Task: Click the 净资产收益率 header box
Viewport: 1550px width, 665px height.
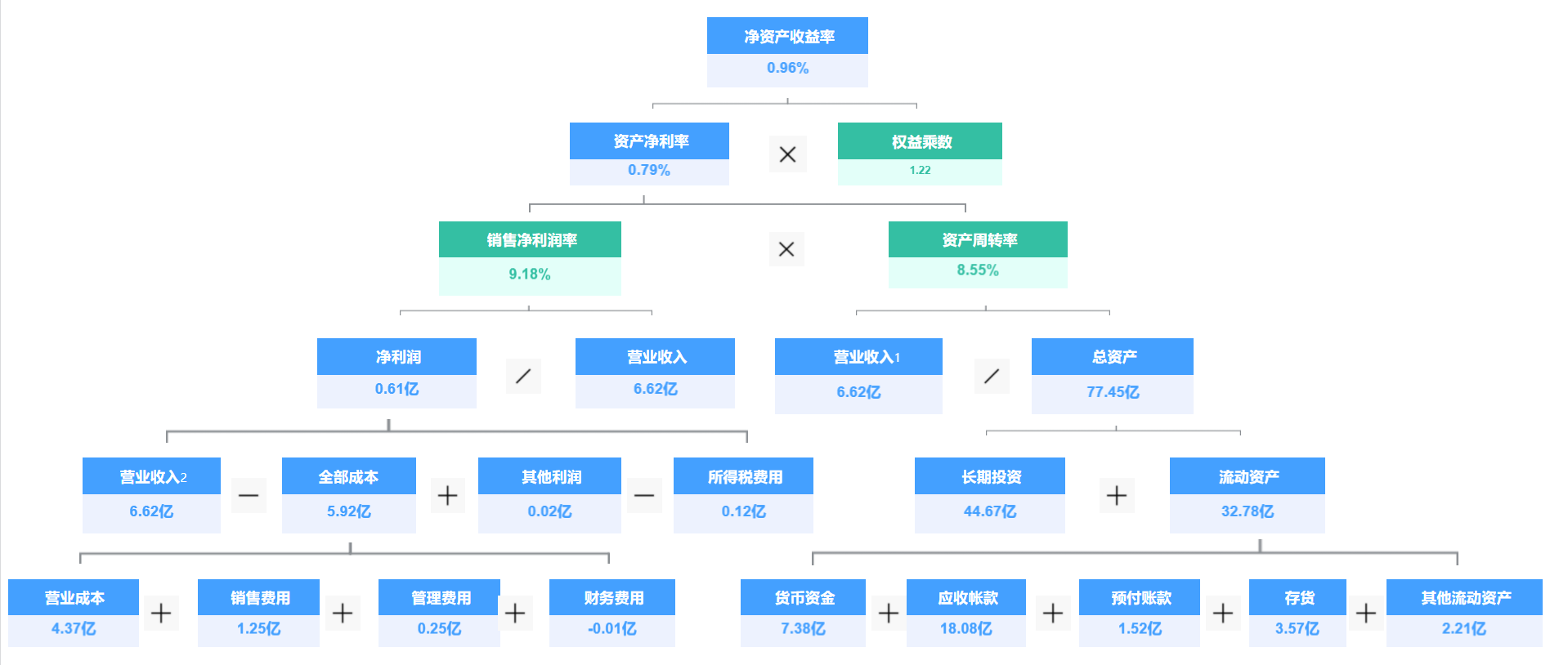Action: point(787,36)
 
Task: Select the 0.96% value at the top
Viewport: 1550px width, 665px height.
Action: point(787,69)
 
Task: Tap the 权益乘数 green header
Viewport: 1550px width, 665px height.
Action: point(920,141)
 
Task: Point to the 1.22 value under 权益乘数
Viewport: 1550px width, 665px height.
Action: point(920,171)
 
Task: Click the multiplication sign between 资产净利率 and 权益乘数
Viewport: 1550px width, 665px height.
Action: point(787,154)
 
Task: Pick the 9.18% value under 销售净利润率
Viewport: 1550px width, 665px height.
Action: point(530,274)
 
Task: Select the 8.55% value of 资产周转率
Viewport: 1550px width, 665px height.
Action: point(978,270)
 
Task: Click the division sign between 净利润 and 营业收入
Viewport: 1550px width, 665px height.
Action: point(523,376)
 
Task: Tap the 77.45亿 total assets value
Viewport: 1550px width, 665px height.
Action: point(1112,392)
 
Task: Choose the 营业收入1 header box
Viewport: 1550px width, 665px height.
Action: point(858,357)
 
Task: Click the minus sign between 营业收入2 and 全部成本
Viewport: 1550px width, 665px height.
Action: point(249,495)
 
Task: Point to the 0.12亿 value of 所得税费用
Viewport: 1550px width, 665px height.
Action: point(743,512)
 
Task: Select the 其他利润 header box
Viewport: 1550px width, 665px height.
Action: point(549,477)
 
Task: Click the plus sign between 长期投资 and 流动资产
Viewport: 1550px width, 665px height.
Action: point(1116,495)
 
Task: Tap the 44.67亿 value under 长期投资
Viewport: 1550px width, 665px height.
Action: point(989,512)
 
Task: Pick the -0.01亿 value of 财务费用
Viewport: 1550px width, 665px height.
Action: point(611,629)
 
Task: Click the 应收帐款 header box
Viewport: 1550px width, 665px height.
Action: point(966,598)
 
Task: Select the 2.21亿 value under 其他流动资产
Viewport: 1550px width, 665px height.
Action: point(1463,629)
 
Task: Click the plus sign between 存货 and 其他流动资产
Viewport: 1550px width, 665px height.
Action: point(1365,613)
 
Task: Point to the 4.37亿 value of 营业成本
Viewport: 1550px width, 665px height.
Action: point(74,629)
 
